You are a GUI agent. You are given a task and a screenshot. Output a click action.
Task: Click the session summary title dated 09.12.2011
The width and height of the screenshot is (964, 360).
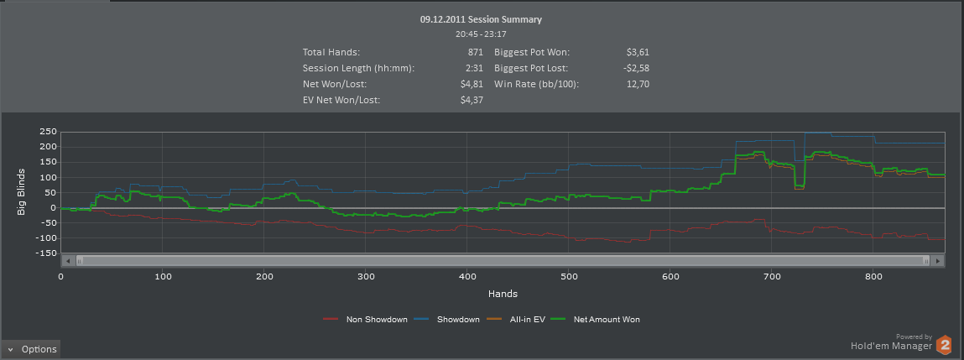(481, 18)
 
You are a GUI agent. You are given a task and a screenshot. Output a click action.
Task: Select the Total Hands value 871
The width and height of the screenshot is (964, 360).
(475, 52)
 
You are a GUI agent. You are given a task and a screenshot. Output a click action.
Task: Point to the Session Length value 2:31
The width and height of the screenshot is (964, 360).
(474, 68)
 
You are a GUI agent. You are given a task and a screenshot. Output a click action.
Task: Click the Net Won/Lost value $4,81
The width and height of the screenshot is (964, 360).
(472, 84)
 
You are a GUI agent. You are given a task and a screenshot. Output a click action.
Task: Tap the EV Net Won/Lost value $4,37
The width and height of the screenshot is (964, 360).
(472, 100)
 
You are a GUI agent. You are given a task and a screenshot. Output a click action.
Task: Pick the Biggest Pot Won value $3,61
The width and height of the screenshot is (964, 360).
(638, 52)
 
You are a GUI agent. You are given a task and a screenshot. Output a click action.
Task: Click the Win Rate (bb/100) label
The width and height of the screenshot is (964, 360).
(537, 84)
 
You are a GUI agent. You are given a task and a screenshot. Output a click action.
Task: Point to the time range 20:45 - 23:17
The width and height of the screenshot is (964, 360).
(481, 34)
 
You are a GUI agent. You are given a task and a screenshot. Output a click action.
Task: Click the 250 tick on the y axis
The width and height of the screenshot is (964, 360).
(46, 132)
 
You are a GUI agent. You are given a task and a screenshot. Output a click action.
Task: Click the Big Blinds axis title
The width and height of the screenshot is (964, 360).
(22, 192)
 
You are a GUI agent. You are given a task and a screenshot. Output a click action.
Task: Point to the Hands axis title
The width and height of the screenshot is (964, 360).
(503, 294)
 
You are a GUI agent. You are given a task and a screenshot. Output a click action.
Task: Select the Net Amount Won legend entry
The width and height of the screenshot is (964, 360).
(607, 319)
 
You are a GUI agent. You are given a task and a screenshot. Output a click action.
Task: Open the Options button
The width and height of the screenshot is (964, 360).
(31, 349)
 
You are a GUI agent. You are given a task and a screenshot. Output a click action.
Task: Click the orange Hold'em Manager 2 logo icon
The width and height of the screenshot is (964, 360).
(945, 344)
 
